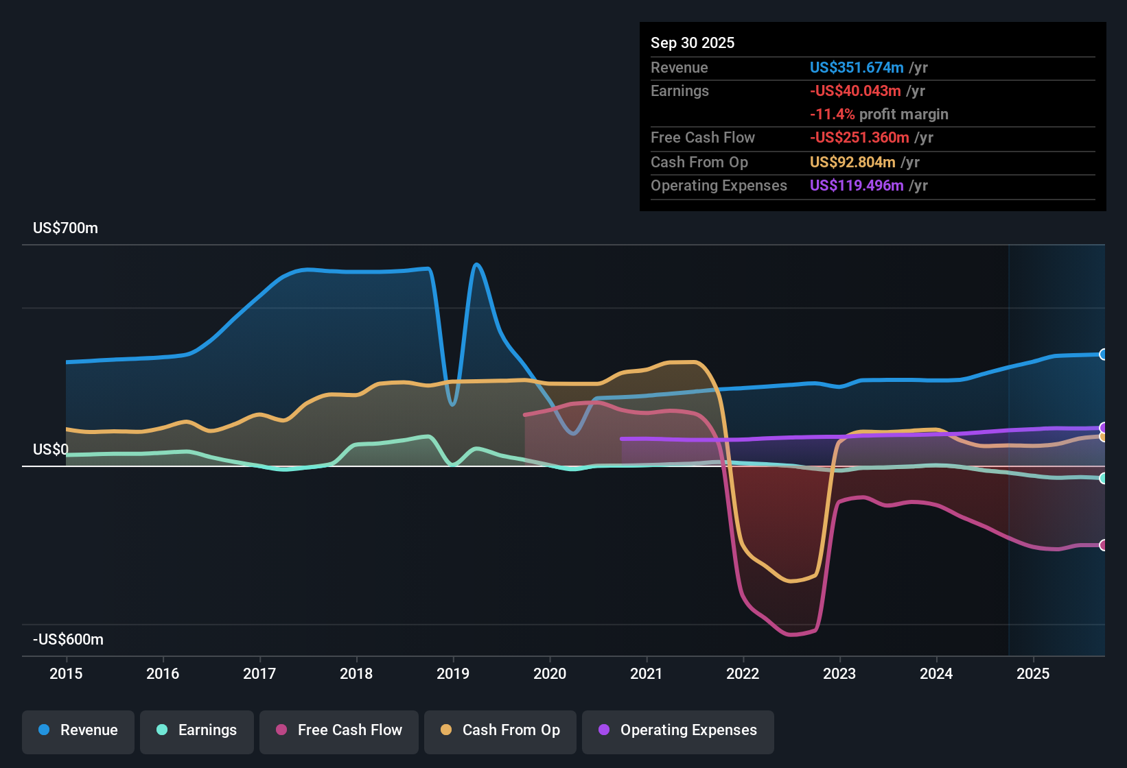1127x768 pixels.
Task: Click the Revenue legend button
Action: point(78,730)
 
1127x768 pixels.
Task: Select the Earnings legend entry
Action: point(197,730)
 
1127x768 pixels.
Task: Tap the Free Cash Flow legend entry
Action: point(339,730)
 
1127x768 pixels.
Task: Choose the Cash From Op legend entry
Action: point(500,730)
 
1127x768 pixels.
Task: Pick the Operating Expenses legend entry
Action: point(678,730)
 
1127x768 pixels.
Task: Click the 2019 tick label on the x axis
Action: point(453,674)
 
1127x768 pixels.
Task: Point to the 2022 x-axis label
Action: point(743,674)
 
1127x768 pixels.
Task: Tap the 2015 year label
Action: point(66,674)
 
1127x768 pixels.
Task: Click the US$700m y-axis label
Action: point(65,228)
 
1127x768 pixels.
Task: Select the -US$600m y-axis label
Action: point(68,640)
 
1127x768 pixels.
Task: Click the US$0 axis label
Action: point(51,450)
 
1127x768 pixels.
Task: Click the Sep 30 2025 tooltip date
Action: point(692,43)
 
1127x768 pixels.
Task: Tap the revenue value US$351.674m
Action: point(856,68)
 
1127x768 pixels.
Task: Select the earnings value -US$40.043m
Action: point(855,91)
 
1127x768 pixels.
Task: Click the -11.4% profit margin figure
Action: point(832,115)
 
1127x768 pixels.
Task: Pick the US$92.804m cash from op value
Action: point(852,163)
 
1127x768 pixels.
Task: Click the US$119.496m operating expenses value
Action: point(856,186)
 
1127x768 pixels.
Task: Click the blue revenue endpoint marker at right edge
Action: point(1103,355)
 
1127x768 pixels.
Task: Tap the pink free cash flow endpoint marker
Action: point(1103,545)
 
